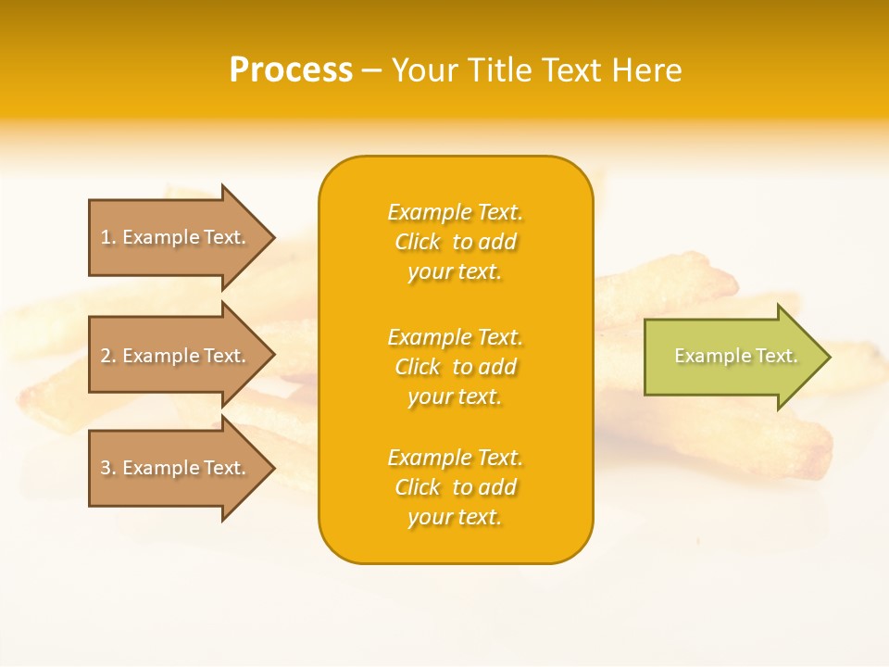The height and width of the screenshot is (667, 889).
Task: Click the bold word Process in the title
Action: click(291, 70)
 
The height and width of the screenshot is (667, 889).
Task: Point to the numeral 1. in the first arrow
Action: click(108, 237)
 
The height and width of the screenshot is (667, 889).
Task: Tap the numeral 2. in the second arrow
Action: click(108, 356)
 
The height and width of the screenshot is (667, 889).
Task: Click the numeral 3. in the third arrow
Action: click(108, 468)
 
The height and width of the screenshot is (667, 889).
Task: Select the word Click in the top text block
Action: click(418, 243)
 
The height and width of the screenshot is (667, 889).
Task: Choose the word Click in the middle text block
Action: click(418, 368)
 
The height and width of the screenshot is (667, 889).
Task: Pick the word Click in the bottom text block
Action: click(418, 488)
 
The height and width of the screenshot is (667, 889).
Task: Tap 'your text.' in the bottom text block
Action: click(455, 518)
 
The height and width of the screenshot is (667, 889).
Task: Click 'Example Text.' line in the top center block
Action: click(455, 213)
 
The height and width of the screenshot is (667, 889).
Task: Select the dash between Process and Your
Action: click(371, 71)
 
